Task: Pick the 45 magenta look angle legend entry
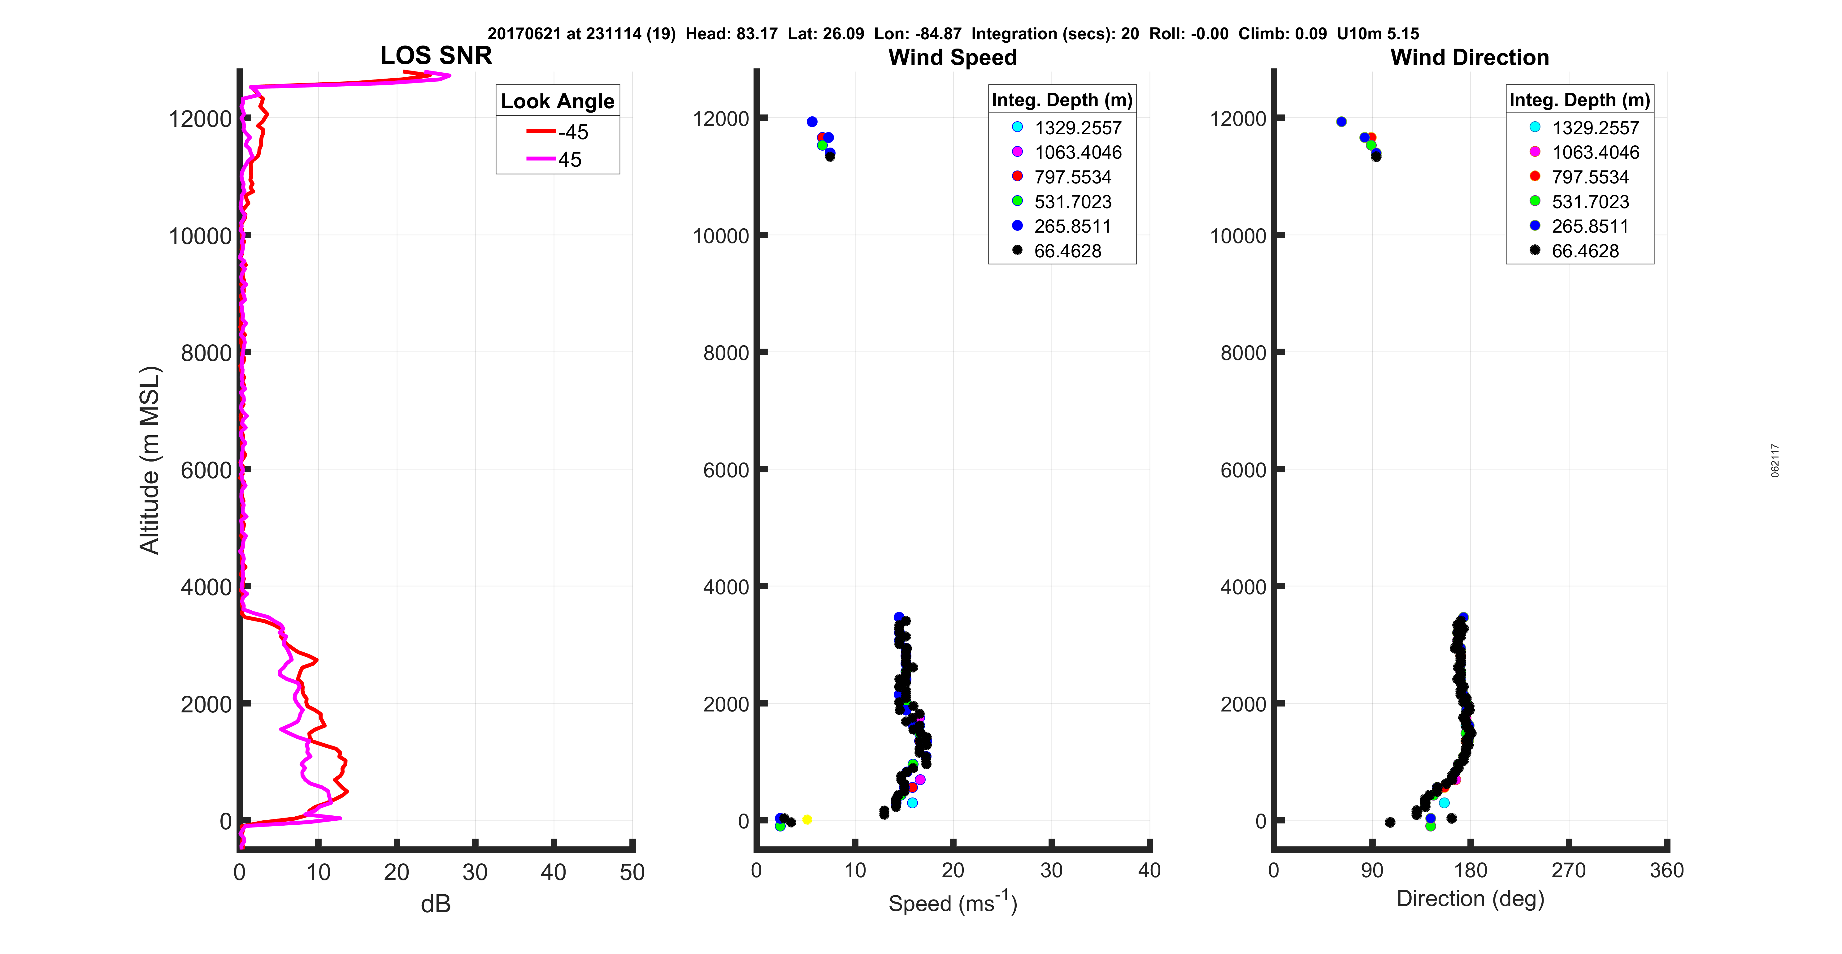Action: pyautogui.click(x=558, y=159)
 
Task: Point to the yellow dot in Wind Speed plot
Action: pyautogui.click(x=806, y=820)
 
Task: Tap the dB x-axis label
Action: pyautogui.click(x=436, y=904)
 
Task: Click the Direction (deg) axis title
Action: pyautogui.click(x=1470, y=898)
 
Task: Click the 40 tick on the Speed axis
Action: pyautogui.click(x=1149, y=870)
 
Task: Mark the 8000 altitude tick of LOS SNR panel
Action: pyautogui.click(x=206, y=353)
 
